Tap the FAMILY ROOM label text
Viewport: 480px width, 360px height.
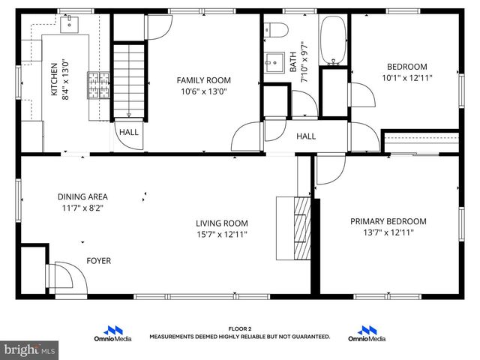pos(203,80)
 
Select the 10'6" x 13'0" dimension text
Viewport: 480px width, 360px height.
pos(203,91)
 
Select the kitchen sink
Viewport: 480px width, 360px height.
pos(70,24)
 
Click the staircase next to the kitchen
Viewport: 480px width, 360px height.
pos(127,79)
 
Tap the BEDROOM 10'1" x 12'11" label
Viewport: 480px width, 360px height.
pos(406,71)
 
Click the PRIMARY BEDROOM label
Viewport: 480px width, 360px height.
pos(388,221)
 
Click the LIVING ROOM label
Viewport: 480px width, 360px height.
pos(222,223)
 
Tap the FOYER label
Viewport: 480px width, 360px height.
pos(98,261)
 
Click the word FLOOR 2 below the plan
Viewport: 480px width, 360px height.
pos(239,328)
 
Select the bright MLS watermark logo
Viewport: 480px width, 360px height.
pos(30,349)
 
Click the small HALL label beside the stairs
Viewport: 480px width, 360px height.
pos(128,132)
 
